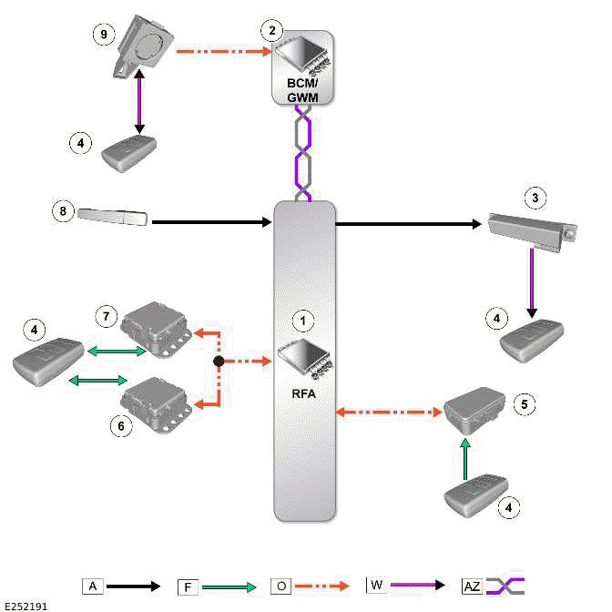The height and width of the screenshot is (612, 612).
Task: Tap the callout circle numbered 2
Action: [270, 30]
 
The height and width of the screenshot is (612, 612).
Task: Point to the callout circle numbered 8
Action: [62, 211]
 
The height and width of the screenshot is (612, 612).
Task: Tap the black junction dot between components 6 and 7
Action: [219, 362]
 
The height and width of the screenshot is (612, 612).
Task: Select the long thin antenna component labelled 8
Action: [113, 216]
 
